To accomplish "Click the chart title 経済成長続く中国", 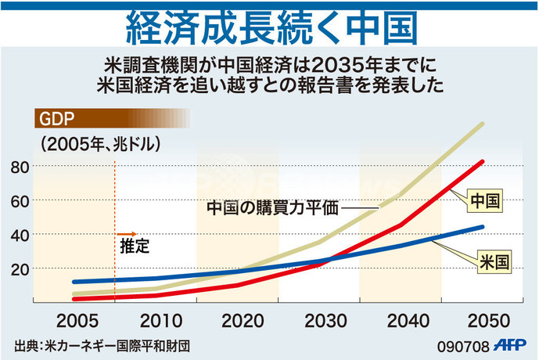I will (269, 28).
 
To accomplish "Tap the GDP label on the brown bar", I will (53, 119).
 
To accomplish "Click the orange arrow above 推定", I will (128, 233).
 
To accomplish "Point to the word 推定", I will (134, 246).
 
